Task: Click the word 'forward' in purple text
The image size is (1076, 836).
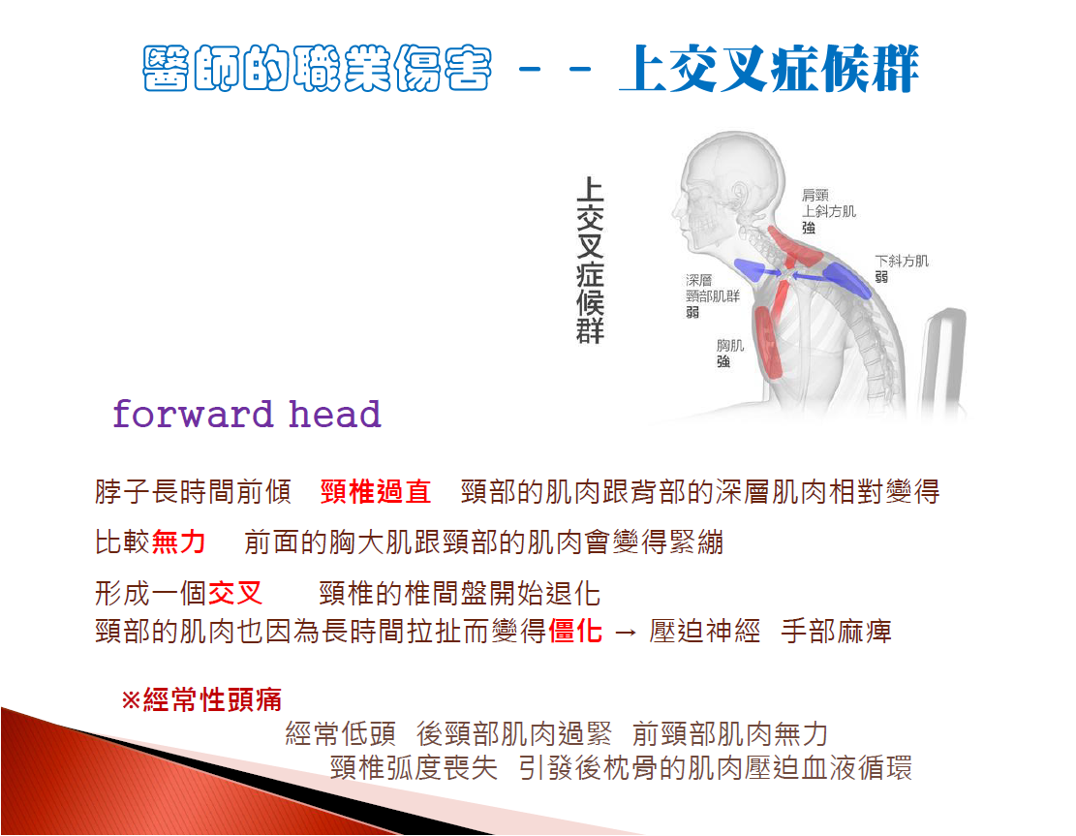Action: pyautogui.click(x=193, y=414)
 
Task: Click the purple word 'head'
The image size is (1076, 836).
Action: pyautogui.click(x=334, y=414)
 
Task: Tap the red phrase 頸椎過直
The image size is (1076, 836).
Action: pyautogui.click(x=376, y=491)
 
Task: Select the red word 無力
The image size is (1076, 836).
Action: pyautogui.click(x=178, y=542)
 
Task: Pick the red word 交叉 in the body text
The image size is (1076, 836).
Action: pyautogui.click(x=234, y=592)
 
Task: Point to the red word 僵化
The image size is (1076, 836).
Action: pyautogui.click(x=575, y=630)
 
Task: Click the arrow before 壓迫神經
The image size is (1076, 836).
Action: pyautogui.click(x=625, y=632)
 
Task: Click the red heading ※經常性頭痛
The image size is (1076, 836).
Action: pyautogui.click(x=201, y=699)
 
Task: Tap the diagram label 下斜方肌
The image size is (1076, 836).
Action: pyautogui.click(x=901, y=261)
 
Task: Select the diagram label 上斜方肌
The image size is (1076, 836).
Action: pyautogui.click(x=829, y=211)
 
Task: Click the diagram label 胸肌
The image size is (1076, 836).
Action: pyautogui.click(x=730, y=345)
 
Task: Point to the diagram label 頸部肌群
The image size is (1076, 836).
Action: pyautogui.click(x=713, y=295)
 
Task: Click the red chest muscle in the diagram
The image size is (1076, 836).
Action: pyautogui.click(x=769, y=341)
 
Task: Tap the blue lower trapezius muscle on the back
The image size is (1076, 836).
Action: pyautogui.click(x=846, y=279)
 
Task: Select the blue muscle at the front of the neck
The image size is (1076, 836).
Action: pyautogui.click(x=750, y=269)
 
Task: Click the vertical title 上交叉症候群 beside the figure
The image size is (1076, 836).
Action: pyautogui.click(x=590, y=261)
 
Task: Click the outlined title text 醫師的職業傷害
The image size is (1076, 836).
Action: pyautogui.click(x=317, y=69)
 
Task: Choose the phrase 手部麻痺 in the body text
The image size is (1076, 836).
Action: pyautogui.click(x=836, y=630)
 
